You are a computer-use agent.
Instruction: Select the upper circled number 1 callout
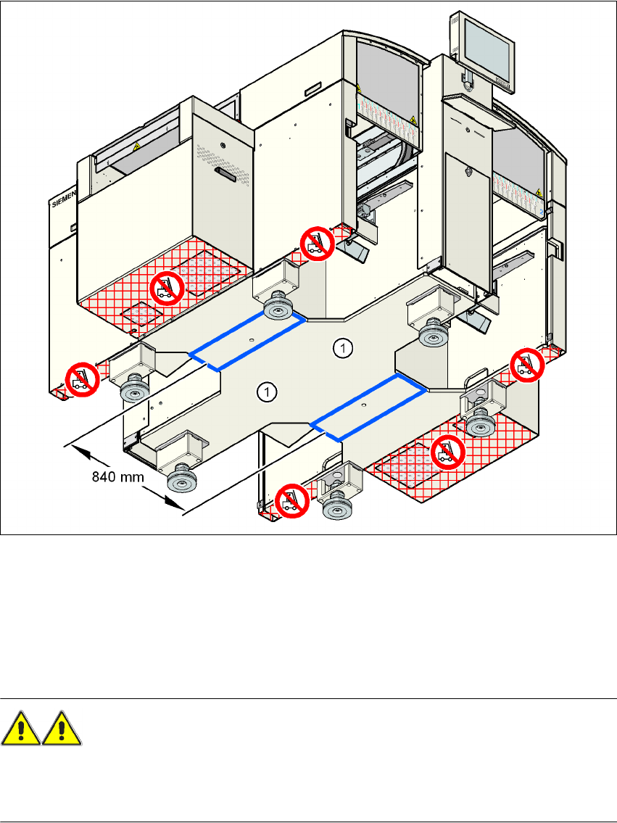343,349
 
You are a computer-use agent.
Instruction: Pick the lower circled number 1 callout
268,392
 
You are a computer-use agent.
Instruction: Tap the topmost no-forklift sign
315,241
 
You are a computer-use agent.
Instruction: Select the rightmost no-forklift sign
527,363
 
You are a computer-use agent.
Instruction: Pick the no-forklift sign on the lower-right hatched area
447,452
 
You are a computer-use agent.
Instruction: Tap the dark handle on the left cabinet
224,174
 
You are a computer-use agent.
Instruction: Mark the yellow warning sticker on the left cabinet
136,146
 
